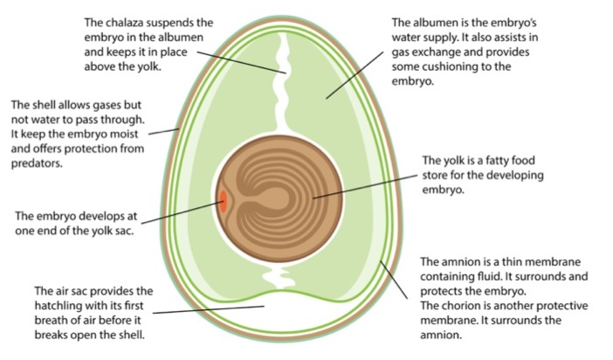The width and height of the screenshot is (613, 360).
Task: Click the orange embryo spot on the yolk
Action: [x=224, y=201]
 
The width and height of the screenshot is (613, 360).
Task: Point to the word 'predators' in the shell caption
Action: [x=34, y=163]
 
